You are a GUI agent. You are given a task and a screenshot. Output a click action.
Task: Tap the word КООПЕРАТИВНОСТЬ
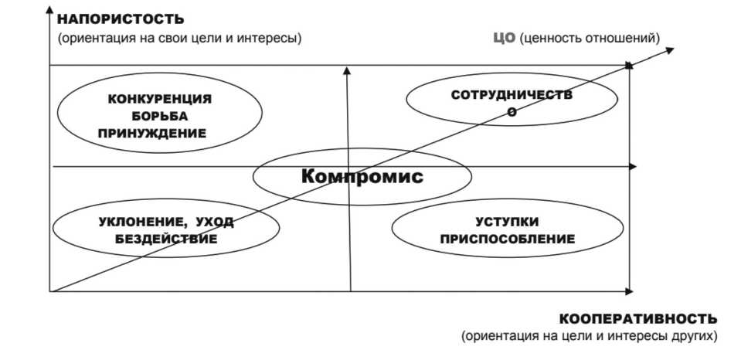637,318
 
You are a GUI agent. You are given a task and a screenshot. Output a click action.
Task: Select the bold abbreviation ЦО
503,37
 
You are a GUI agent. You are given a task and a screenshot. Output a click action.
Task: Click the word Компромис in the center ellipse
362,176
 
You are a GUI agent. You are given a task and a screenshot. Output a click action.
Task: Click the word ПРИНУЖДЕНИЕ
152,132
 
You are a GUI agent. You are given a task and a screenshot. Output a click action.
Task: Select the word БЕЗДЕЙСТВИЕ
166,239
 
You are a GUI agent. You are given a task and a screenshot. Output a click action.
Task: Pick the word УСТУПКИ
507,222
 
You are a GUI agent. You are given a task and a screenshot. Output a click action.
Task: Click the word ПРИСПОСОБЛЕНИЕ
508,239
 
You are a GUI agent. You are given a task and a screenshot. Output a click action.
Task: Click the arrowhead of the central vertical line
347,70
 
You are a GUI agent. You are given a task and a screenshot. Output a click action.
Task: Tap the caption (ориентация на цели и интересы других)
590,336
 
